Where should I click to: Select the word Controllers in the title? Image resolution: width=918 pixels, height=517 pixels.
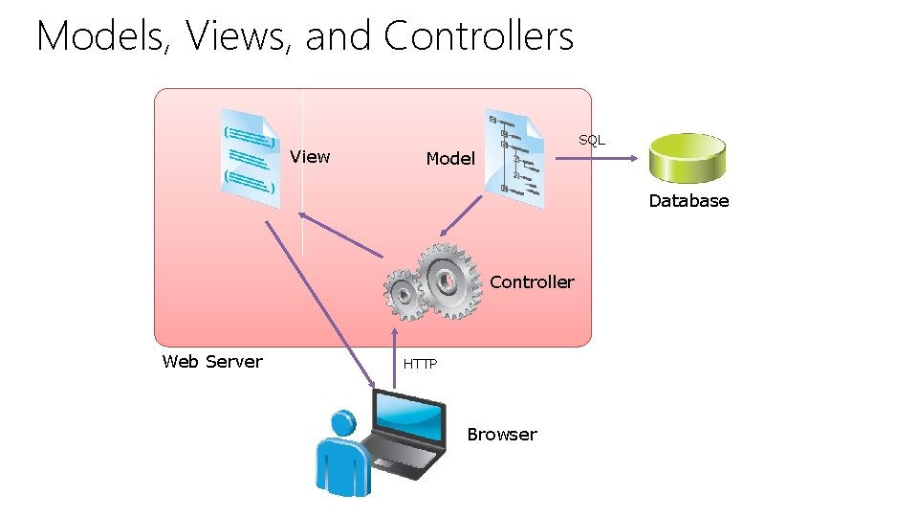(478, 36)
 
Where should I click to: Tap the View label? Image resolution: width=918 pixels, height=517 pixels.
(310, 157)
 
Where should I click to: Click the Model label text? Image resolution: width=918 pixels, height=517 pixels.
(449, 159)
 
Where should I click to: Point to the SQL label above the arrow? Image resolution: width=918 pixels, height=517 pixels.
(592, 140)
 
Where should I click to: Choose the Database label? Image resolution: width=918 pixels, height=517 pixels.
(688, 201)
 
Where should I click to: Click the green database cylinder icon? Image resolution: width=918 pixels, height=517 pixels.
(688, 158)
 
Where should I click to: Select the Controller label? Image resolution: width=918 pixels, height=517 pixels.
(532, 282)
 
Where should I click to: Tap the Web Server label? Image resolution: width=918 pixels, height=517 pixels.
(212, 362)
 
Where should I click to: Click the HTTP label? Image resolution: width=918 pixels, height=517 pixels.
(420, 365)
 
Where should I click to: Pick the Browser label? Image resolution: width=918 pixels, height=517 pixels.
(502, 435)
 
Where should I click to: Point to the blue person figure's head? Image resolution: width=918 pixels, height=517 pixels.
(340, 424)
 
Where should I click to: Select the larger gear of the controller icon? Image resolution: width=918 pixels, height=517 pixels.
(447, 281)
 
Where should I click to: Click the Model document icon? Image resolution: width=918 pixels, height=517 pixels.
(514, 155)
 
